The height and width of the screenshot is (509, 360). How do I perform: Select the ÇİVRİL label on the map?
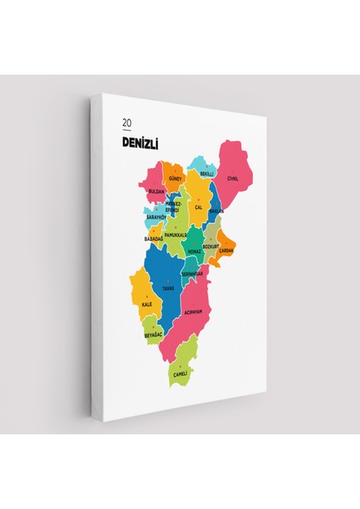click(233, 178)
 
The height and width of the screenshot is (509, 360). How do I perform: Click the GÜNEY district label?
click(175, 180)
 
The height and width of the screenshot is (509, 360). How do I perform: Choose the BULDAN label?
click(156, 192)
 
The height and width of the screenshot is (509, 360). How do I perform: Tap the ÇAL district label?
click(198, 206)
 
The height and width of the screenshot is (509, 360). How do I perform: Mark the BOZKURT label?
click(211, 246)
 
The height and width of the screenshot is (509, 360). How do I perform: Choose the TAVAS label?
click(168, 288)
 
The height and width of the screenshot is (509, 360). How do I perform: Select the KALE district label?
click(147, 304)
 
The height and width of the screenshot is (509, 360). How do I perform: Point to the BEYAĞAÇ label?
click(153, 335)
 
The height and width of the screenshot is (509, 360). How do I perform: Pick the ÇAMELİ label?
click(179, 373)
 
